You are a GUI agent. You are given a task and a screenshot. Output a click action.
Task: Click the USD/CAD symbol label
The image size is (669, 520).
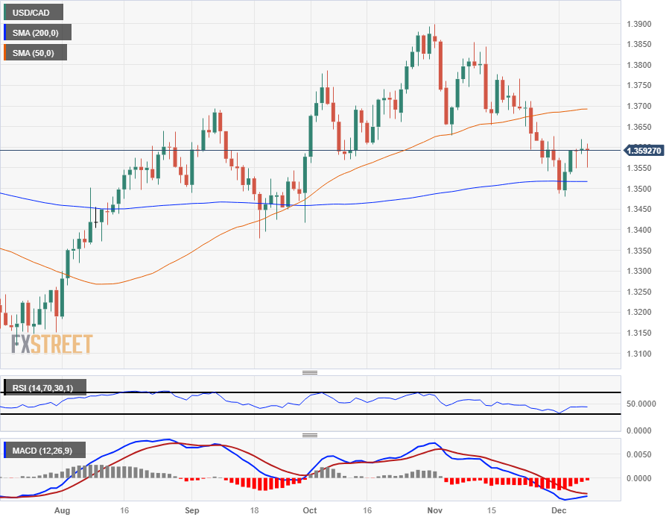32,12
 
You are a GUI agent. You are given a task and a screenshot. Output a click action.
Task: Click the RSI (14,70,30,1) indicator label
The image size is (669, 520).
45,387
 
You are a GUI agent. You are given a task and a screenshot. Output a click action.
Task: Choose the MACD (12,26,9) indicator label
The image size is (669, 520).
45,450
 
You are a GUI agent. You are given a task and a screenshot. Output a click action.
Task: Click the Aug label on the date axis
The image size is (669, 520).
62,511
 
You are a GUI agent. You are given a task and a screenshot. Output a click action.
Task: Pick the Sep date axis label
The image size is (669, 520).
192,511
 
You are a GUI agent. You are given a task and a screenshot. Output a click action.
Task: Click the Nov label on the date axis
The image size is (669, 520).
435,511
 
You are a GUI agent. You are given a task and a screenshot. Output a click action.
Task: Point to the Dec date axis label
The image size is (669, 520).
560,511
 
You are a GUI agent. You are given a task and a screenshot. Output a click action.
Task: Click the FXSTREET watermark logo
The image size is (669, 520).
51,344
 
